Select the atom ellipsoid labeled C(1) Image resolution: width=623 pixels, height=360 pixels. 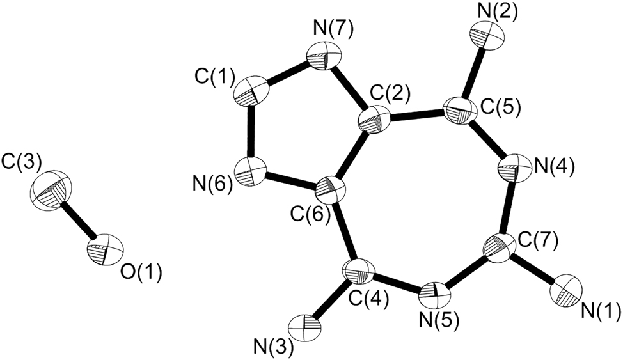[252, 91]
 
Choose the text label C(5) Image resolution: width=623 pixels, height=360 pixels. [499, 107]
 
